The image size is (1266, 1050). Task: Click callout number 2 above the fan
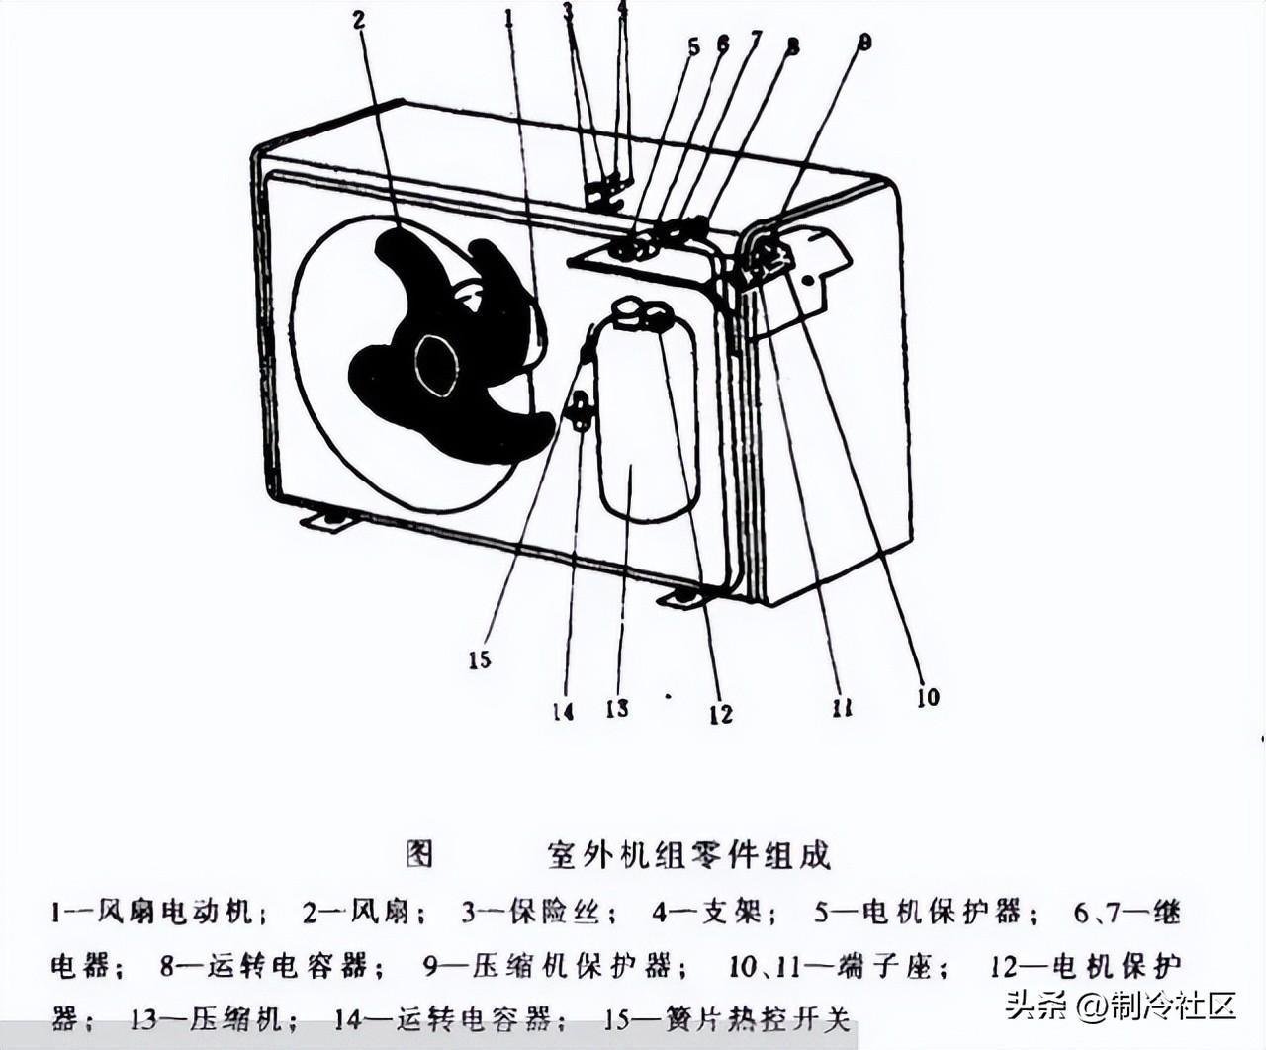[358, 20]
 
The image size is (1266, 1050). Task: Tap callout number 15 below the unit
[480, 659]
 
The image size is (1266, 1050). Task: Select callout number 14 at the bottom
[563, 710]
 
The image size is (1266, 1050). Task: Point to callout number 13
[617, 708]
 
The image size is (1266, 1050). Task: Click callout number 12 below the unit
[721, 713]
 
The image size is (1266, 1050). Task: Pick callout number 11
[842, 707]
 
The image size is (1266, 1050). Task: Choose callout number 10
[927, 697]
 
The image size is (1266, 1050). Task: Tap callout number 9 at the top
[864, 42]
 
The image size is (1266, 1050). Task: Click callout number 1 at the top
[508, 18]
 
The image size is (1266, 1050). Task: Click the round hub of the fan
[436, 365]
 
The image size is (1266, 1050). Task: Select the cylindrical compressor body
[648, 425]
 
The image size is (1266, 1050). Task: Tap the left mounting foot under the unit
[326, 517]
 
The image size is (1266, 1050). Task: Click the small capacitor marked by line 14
[579, 410]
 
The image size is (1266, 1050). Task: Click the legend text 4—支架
[706, 912]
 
